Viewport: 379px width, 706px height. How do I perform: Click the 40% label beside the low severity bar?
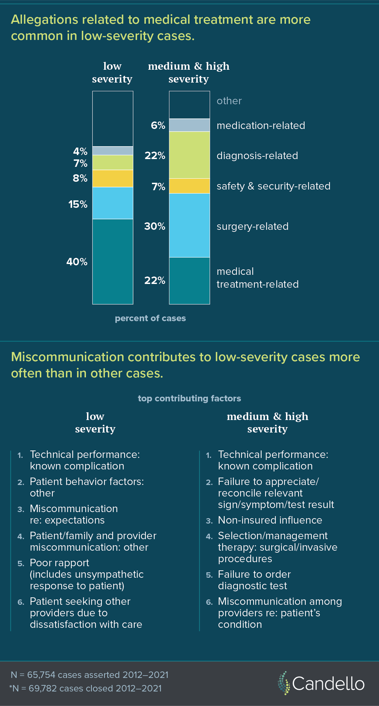tap(77, 262)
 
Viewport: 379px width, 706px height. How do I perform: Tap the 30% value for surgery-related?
tap(155, 226)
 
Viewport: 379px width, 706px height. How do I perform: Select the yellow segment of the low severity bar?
tap(113, 178)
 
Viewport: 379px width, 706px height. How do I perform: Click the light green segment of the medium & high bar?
tap(189, 155)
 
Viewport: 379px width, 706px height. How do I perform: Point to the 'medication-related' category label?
tap(261, 126)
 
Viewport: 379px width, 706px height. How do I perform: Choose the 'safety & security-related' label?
tap(273, 186)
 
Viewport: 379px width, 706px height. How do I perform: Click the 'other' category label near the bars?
tap(229, 101)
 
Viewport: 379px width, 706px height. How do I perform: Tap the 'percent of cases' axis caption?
tap(150, 318)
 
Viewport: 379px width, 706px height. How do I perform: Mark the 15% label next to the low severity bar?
tap(78, 204)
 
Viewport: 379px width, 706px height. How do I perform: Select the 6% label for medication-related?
tap(158, 126)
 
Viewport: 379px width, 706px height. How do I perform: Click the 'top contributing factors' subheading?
tap(189, 398)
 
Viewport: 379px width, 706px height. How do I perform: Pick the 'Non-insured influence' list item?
tap(270, 520)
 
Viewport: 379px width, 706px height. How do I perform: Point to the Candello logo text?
tap(328, 684)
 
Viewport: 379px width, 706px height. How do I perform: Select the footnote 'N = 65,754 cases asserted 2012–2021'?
tap(90, 675)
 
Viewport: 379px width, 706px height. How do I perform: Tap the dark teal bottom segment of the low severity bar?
tap(113, 261)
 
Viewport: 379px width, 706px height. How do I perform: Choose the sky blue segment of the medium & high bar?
tap(189, 225)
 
